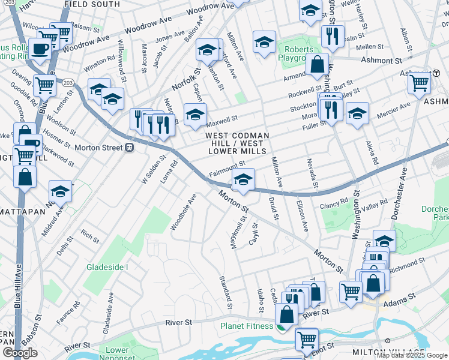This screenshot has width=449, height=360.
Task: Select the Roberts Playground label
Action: point(298,54)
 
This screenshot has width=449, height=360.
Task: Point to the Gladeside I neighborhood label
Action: point(107,266)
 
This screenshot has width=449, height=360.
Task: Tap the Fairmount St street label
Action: point(228,164)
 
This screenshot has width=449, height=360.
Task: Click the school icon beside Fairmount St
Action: point(243,179)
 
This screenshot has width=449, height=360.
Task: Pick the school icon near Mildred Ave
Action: point(60,191)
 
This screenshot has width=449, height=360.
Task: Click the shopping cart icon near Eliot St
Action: point(307,339)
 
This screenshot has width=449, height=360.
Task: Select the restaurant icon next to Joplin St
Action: point(333,35)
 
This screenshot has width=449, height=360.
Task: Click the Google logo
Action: point(20,353)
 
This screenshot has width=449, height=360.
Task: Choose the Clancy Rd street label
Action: point(334,204)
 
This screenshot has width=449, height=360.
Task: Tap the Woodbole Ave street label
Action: point(183,212)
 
